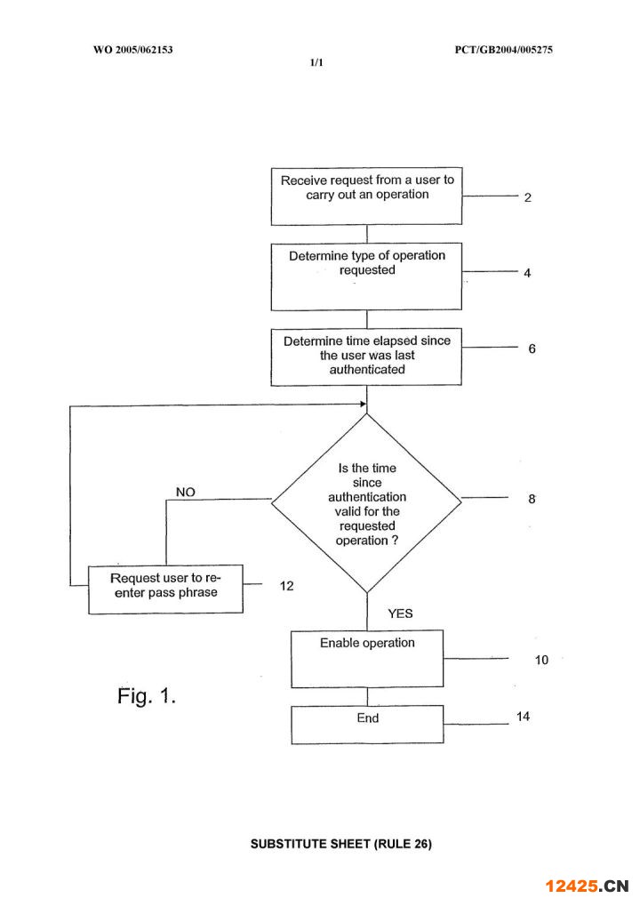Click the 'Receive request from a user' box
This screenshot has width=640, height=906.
click(366, 196)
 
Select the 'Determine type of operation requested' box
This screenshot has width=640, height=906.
click(366, 276)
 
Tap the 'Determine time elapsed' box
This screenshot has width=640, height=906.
click(366, 357)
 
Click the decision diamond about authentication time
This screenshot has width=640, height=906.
click(366, 503)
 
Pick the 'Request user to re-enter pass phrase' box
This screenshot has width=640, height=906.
click(165, 588)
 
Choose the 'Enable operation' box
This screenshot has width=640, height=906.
click(366, 658)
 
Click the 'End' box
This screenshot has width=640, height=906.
click(366, 724)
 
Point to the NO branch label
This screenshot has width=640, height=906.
click(186, 492)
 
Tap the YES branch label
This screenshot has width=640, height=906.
click(400, 613)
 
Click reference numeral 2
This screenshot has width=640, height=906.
click(527, 197)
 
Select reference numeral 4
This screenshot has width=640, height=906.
click(527, 274)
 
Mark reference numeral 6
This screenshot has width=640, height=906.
click(532, 349)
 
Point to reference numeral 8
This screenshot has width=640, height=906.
click(532, 500)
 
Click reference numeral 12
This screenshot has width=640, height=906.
click(286, 586)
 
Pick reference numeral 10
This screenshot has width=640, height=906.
click(541, 661)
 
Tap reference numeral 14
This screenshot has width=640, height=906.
click(523, 717)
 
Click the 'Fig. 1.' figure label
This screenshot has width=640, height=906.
click(147, 696)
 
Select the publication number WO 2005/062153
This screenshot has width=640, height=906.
click(132, 50)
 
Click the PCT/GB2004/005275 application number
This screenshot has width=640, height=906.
click(503, 50)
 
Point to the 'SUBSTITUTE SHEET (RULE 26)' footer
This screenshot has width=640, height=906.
click(340, 844)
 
